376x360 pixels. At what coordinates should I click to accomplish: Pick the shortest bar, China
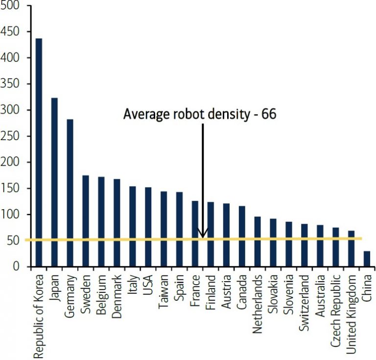(x=367, y=259)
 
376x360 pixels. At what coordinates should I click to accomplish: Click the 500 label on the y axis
(x=13, y=6)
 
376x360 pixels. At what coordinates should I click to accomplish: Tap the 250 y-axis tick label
(x=13, y=136)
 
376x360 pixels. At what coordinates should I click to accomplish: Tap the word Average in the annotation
(x=142, y=114)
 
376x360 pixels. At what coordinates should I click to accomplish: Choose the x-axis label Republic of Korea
(x=39, y=313)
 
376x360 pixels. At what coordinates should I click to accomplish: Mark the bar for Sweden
(x=86, y=221)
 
